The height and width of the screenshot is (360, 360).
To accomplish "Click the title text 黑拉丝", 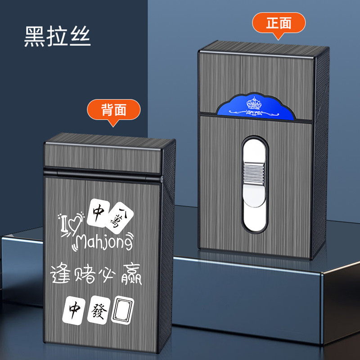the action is [57, 37].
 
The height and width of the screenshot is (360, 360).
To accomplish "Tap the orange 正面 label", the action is [279, 23].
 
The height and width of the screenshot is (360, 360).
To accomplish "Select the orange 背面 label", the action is [114, 109].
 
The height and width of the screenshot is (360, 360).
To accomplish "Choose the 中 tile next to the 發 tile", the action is [74, 309].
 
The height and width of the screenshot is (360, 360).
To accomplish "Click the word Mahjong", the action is [104, 243].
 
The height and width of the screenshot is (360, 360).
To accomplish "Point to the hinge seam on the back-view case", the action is [103, 172].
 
